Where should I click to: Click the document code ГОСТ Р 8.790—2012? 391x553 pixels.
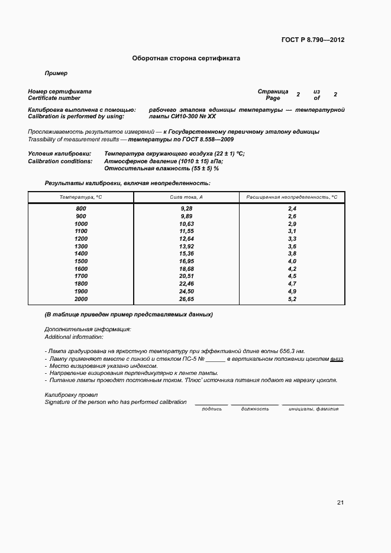click(313, 40)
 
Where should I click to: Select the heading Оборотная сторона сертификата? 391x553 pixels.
click(186, 59)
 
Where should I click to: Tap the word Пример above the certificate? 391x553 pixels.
click(56, 73)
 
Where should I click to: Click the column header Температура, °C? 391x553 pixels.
click(81, 196)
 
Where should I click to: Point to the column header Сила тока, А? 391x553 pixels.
click(186, 196)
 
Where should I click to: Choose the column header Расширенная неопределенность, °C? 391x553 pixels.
click(292, 196)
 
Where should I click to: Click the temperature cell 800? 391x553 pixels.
click(81, 209)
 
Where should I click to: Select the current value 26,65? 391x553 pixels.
click(186, 299)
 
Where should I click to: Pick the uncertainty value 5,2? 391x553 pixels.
click(292, 299)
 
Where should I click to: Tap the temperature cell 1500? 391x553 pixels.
click(81, 261)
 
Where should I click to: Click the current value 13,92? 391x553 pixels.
click(186, 246)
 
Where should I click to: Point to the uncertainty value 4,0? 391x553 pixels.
click(292, 261)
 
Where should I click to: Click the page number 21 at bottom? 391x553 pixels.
click(340, 503)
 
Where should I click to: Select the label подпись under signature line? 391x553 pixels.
click(212, 409)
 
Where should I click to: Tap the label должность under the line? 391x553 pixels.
click(254, 409)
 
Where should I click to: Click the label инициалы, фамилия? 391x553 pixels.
click(313, 409)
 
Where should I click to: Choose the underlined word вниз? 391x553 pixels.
click(337, 359)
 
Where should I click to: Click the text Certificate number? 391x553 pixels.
click(54, 98)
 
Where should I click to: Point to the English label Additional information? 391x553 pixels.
click(74, 337)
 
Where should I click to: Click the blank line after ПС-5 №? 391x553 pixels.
click(215, 360)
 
